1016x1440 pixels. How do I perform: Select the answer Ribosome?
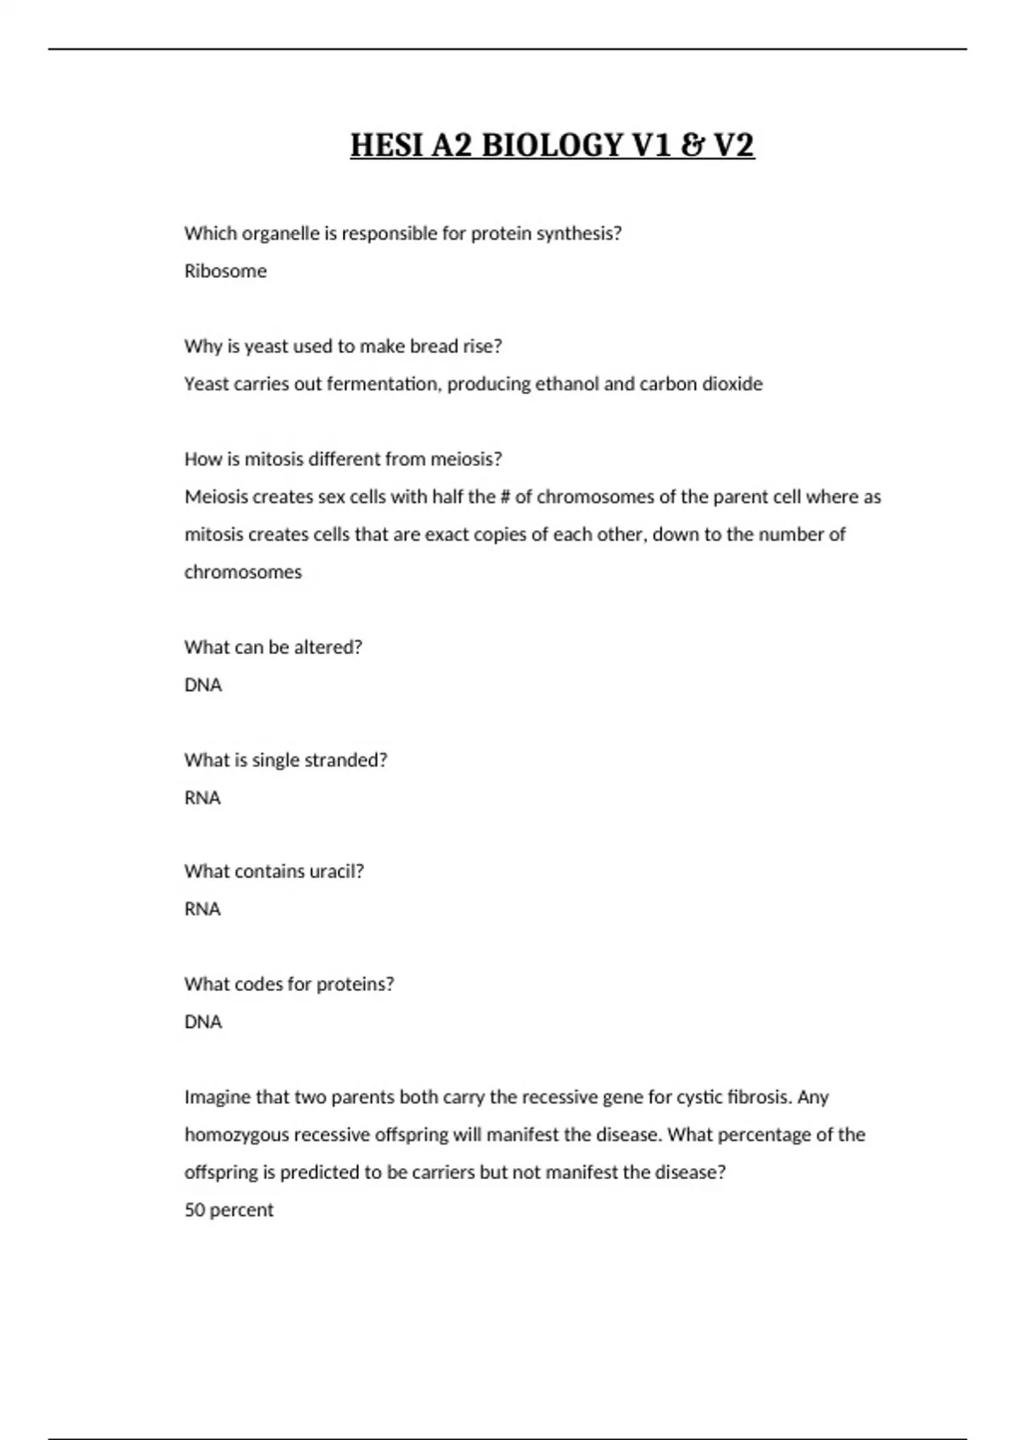[225, 271]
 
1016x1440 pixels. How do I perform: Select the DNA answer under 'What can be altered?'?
[203, 684]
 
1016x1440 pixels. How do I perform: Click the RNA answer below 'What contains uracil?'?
[202, 909]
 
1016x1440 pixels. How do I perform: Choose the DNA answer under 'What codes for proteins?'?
[203, 1022]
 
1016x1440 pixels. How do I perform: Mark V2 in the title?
[733, 146]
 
